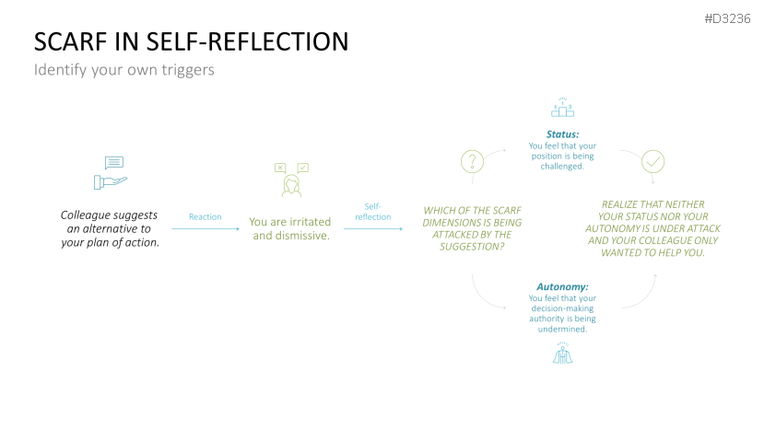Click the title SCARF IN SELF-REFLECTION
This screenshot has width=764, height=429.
coord(191,41)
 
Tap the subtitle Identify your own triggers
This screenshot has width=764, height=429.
coord(123,70)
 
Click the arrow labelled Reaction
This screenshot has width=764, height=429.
coord(205,227)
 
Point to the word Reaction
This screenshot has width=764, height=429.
coord(205,217)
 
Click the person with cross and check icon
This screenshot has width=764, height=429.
coord(291,180)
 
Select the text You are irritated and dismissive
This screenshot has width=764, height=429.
coord(290,228)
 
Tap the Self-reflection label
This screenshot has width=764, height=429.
coord(373,212)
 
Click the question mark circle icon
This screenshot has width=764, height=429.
coord(472,162)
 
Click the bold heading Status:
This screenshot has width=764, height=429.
coord(562,134)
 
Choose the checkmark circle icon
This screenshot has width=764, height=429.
coord(652,162)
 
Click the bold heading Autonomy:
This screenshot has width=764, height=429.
coord(562,286)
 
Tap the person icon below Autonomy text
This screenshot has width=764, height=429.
coord(562,354)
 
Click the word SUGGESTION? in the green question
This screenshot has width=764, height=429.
coord(472,247)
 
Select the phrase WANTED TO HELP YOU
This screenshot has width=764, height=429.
coord(652,252)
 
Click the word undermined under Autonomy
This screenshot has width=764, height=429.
coord(562,330)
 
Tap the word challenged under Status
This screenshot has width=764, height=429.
coord(562,167)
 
